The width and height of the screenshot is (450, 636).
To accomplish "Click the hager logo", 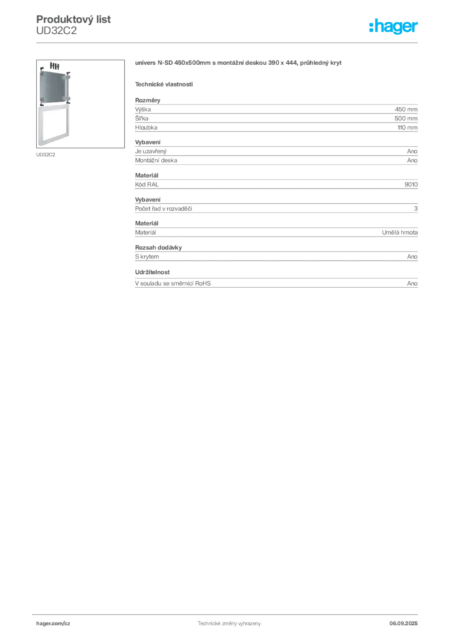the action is [393, 26].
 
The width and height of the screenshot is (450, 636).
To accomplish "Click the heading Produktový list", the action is [73, 19].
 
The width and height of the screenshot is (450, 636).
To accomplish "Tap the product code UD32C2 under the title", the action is [57, 31].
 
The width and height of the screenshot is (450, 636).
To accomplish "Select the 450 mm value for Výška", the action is [406, 109].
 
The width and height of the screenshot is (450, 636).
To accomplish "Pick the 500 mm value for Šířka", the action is [406, 119].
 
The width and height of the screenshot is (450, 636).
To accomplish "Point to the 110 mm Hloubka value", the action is [407, 127].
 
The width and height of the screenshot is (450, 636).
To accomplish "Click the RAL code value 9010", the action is [411, 184].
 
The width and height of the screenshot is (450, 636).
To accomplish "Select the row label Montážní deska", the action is [156, 160].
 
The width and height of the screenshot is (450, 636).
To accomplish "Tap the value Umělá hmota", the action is [400, 232].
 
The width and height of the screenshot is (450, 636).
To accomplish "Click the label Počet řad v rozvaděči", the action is [163, 209].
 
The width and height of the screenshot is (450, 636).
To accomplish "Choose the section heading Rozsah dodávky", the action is [158, 247].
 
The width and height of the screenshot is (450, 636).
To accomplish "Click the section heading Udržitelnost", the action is [152, 272].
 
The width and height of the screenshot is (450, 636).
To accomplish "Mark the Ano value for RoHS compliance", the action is [412, 283].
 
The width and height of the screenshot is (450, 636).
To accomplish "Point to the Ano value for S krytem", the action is [412, 257].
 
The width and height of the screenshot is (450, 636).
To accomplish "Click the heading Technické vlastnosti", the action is [164, 84].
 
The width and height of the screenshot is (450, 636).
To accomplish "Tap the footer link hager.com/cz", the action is [53, 624].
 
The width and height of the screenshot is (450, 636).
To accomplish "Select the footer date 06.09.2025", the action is [403, 624].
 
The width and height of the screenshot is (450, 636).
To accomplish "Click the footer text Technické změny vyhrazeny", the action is [229, 624].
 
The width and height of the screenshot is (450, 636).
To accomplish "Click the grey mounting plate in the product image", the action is [54, 86].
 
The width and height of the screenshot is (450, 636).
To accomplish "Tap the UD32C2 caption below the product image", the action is [45, 155].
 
